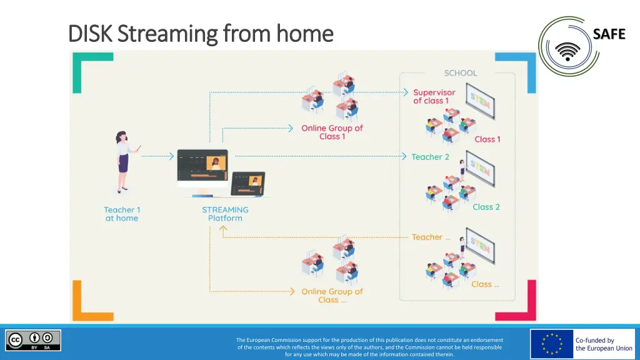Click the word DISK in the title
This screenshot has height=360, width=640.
90,34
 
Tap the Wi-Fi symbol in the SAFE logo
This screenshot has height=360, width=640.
567,52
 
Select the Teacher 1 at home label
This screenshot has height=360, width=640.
122,214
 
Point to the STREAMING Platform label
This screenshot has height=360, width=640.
225,214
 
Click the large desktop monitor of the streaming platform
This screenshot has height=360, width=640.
202,172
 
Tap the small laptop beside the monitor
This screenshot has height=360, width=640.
247,184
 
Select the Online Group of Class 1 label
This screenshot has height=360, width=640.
332,132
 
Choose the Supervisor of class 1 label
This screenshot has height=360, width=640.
434,97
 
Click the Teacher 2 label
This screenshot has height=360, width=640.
430,157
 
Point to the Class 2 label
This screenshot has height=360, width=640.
486,207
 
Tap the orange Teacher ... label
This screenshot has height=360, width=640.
431,237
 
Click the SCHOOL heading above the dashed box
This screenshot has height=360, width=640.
461,73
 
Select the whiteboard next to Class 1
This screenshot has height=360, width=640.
481,101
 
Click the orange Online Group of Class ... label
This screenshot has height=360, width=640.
332,296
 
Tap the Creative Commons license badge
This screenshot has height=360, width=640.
33,341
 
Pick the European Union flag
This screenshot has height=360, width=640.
552,344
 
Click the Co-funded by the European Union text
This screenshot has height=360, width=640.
604,344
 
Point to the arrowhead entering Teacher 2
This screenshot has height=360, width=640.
404,156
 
